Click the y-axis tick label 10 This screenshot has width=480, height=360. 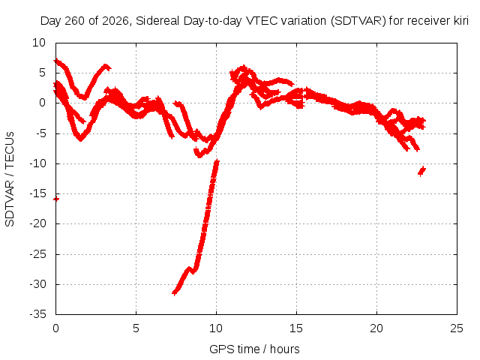tap(39, 43)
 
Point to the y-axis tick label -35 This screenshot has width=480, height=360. tap(37, 314)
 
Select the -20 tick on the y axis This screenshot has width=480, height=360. tap(37, 223)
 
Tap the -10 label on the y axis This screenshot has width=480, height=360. tap(37, 163)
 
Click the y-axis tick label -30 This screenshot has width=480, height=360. tap(37, 284)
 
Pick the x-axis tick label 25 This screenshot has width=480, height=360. tap(457, 328)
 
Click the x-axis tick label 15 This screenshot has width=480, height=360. tap(296, 328)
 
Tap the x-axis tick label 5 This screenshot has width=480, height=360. tap(136, 328)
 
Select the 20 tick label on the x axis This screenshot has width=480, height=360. tap(376, 328)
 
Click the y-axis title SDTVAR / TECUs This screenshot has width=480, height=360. tap(10, 179)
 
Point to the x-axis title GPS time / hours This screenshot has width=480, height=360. tap(254, 349)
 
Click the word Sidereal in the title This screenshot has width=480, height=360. tap(157, 21)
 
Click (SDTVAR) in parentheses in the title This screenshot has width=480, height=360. tap(358, 21)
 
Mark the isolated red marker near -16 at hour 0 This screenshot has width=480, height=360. tap(56, 199)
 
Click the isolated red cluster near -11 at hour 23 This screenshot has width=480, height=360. tap(421, 171)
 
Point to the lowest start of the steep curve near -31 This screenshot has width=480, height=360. tap(175, 292)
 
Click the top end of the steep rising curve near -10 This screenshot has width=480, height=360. tap(217, 161)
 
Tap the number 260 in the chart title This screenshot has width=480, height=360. tap(76, 21)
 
